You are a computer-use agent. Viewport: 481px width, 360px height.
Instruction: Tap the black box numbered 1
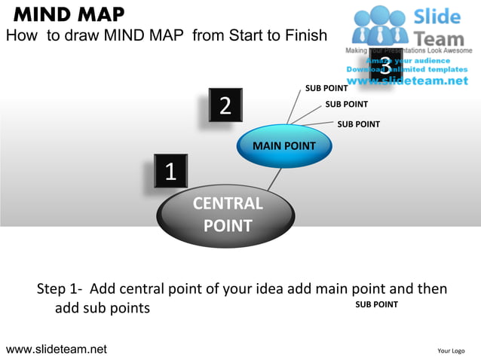pyautogui.click(x=170, y=172)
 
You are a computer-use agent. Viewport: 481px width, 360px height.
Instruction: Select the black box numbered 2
pyautogui.click(x=225, y=105)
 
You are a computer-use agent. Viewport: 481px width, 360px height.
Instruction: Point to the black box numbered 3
pyautogui.click(x=385, y=66)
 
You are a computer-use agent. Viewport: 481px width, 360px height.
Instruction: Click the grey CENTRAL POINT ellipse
pyautogui.click(x=227, y=214)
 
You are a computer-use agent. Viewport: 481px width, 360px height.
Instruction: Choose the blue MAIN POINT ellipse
pyautogui.click(x=284, y=145)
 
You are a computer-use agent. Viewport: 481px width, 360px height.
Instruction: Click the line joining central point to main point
pyautogui.click(x=276, y=180)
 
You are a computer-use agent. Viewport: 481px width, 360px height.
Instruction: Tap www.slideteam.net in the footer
pyautogui.click(x=57, y=349)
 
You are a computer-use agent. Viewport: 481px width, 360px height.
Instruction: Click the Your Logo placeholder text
pyautogui.click(x=451, y=350)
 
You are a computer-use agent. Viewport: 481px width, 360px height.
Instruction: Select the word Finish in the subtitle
pyautogui.click(x=303, y=35)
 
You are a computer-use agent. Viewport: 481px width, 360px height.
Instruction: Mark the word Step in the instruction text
pyautogui.click(x=53, y=289)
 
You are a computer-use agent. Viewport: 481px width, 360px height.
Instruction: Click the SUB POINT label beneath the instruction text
pyautogui.click(x=376, y=304)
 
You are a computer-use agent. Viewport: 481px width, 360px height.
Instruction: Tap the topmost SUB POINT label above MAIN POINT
pyautogui.click(x=326, y=88)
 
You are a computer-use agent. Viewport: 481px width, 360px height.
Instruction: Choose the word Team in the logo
pyautogui.click(x=441, y=35)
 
